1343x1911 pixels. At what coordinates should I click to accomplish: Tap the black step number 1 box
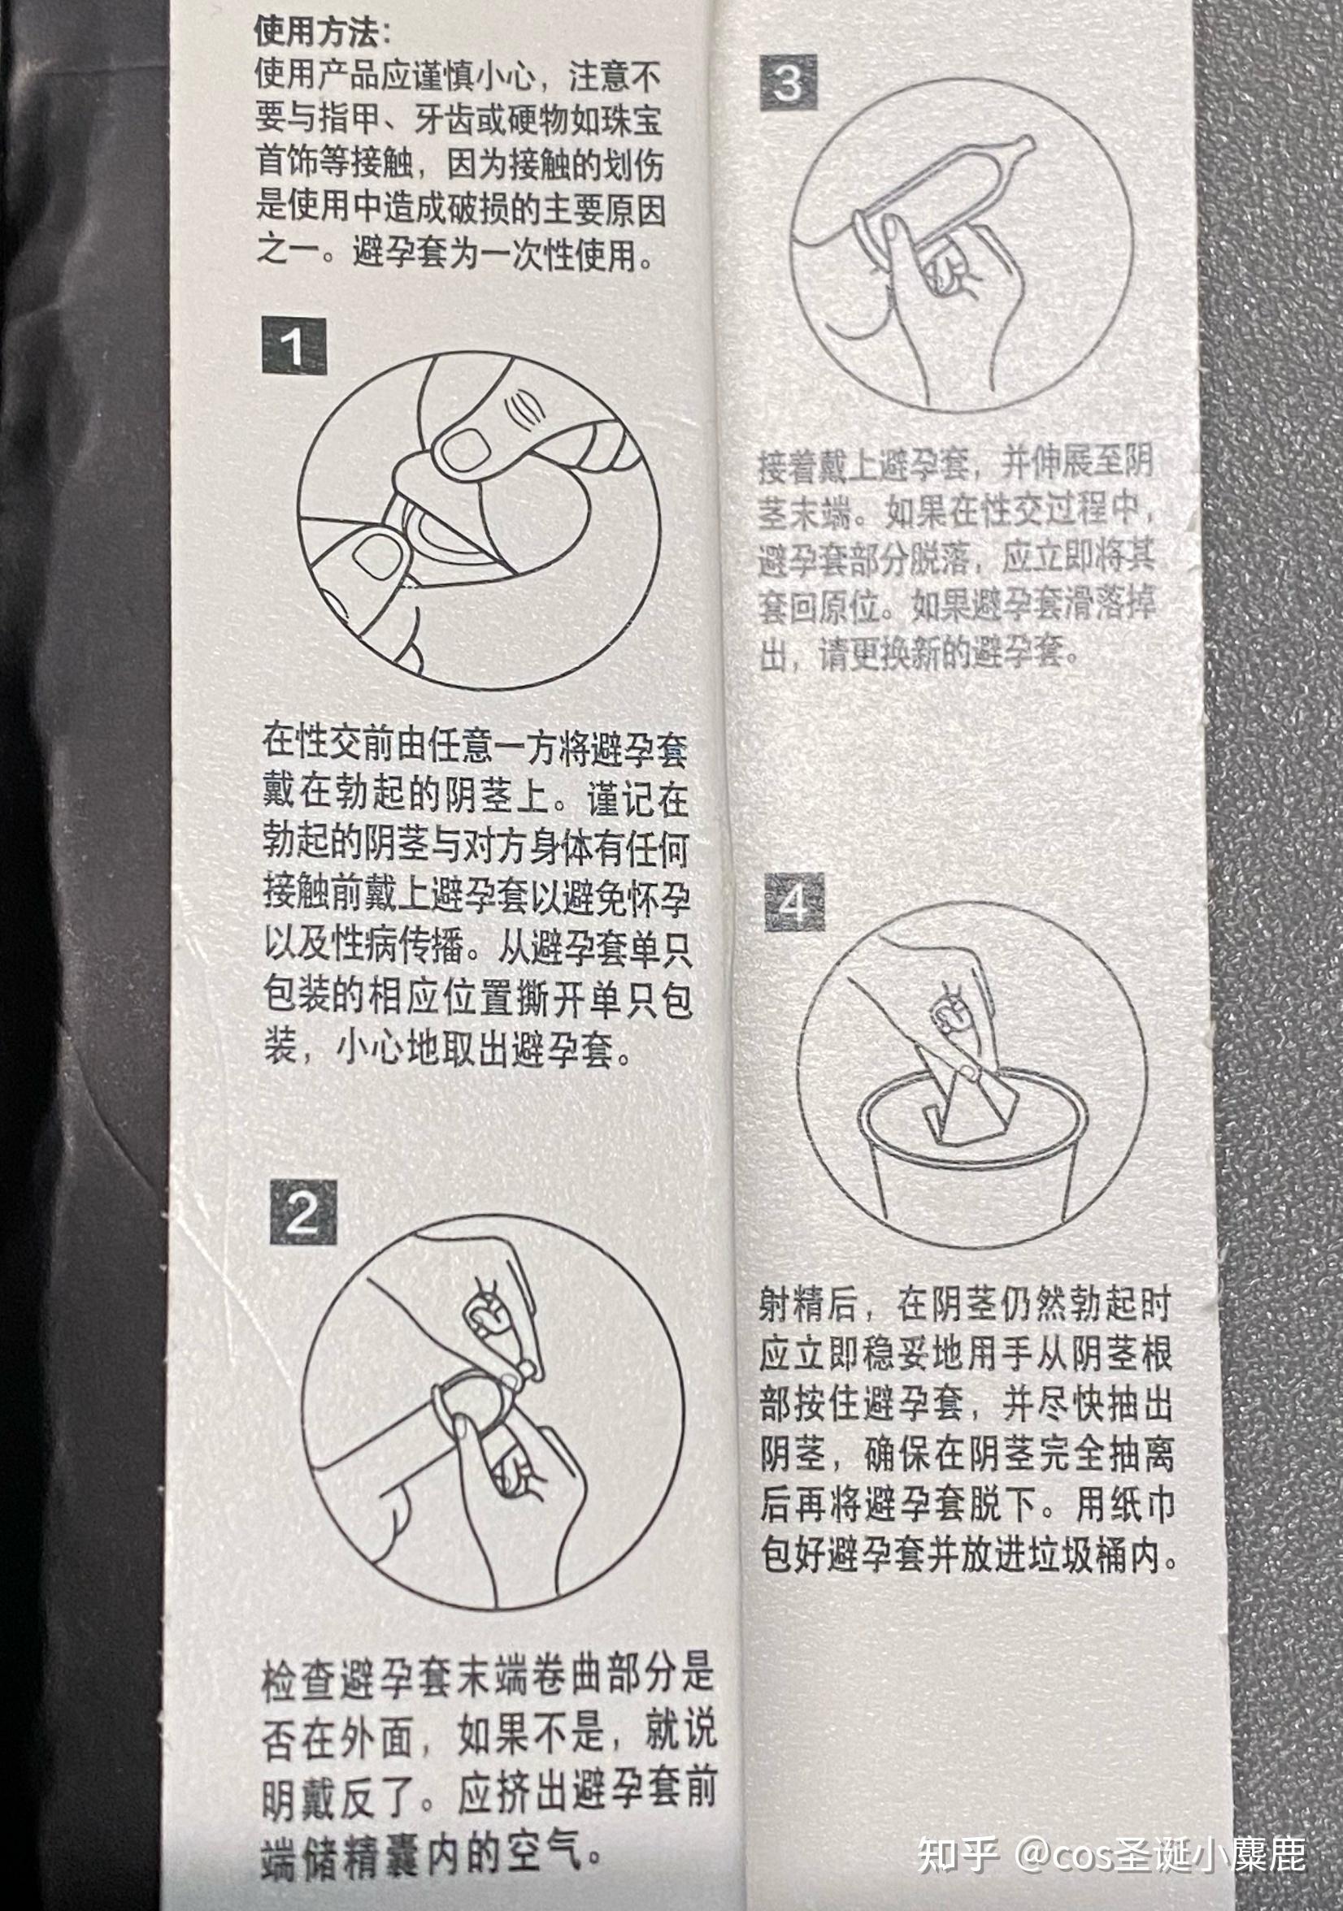pos(294,344)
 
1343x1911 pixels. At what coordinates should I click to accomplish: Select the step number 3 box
pos(788,83)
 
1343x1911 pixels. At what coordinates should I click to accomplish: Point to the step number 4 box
pos(794,902)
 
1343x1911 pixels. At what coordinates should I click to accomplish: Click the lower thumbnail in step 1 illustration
pos(377,555)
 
